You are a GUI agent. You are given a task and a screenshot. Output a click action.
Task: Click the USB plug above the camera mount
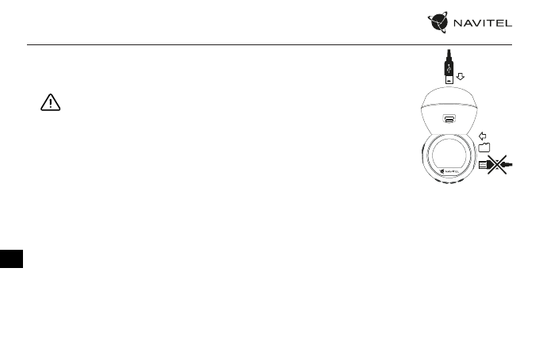tap(449, 71)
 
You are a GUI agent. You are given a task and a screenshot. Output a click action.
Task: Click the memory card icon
tap(484, 147)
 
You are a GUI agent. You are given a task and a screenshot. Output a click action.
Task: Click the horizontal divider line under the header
tap(269, 44)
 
